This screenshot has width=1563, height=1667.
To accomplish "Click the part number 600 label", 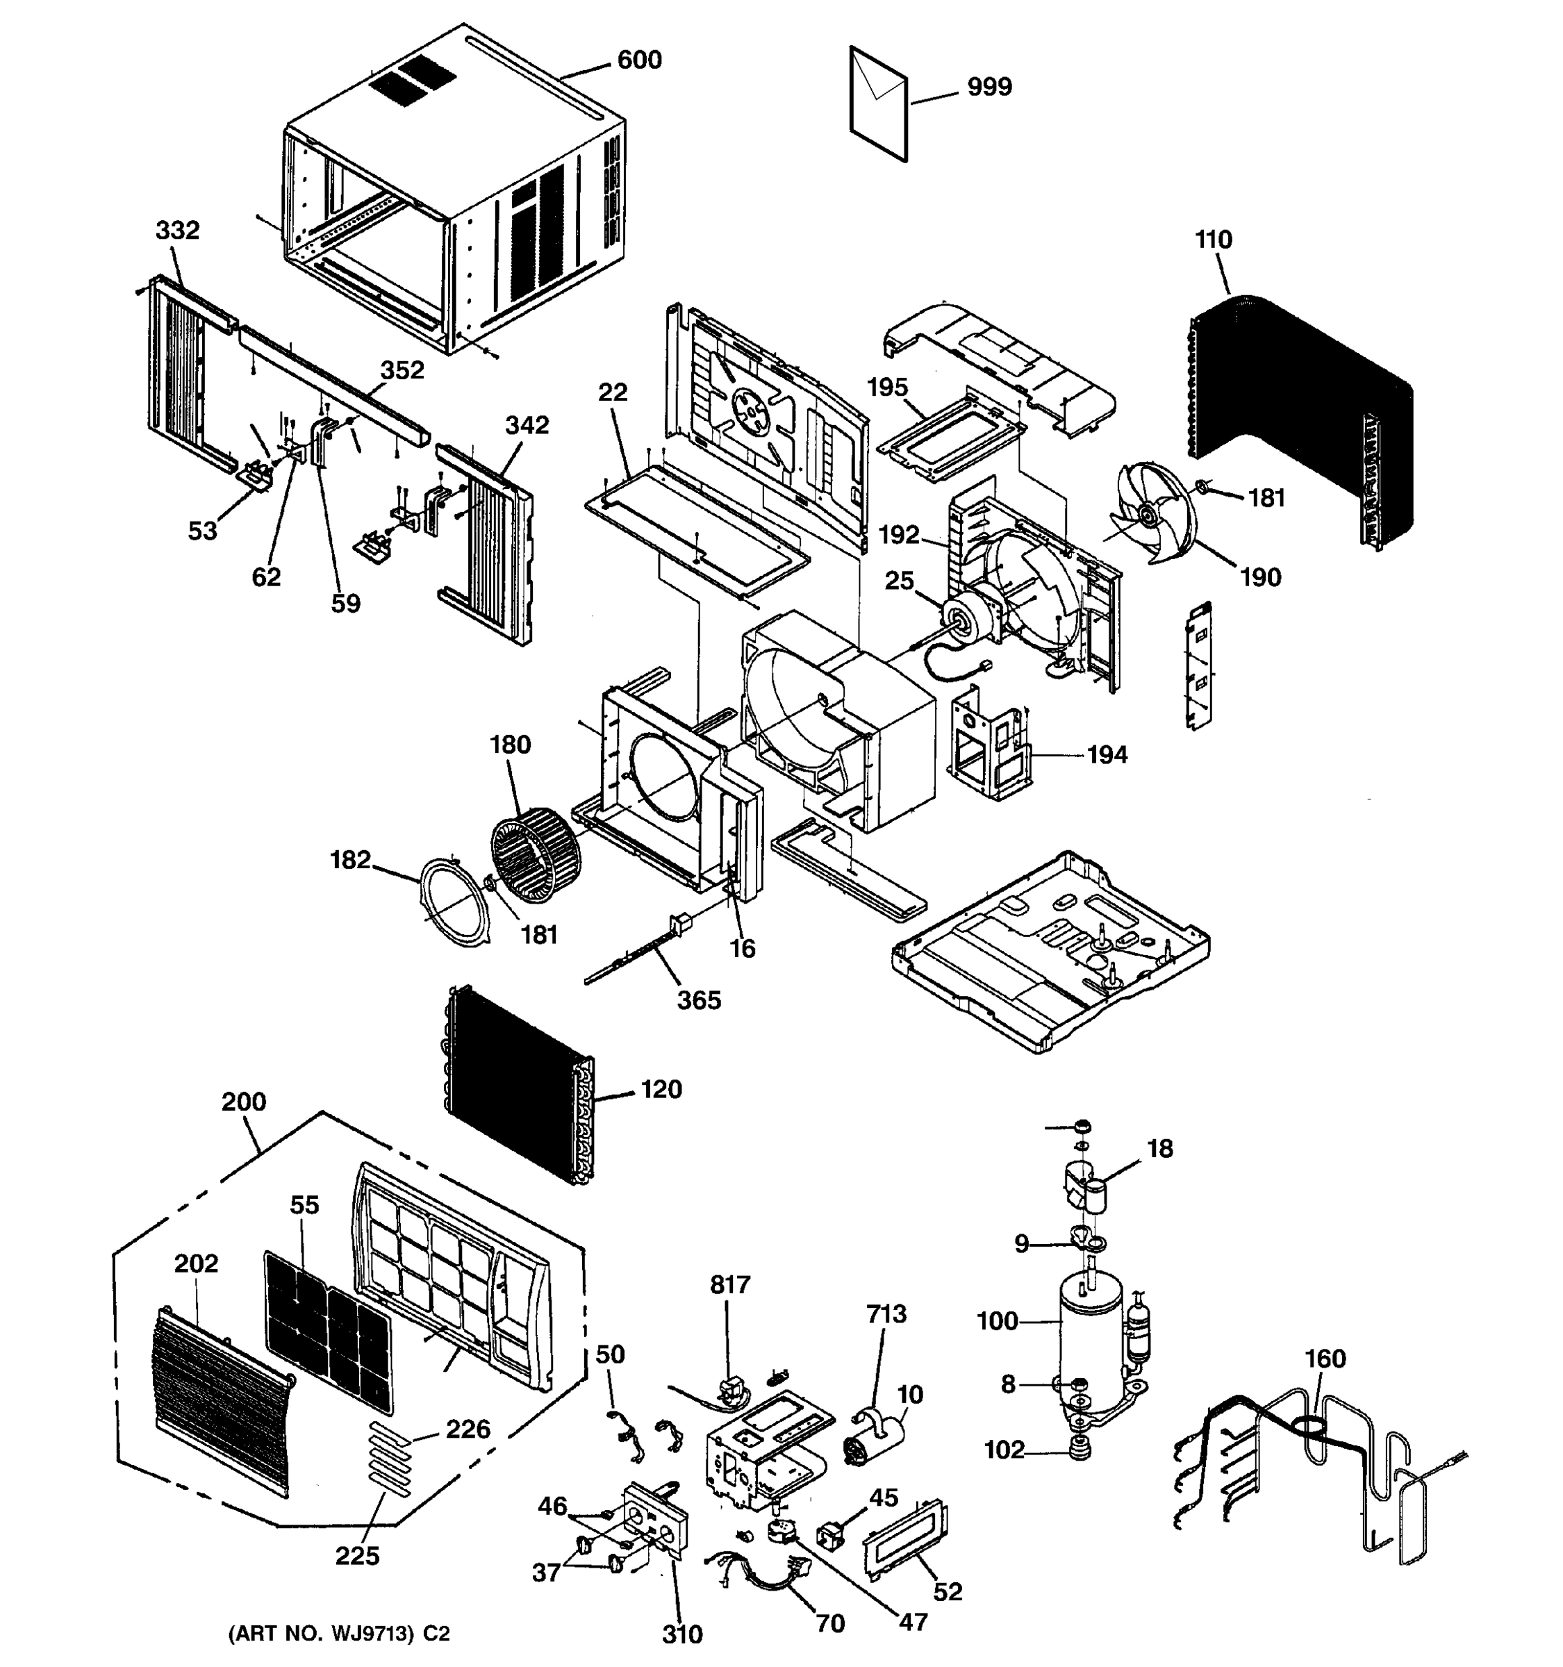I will (x=639, y=60).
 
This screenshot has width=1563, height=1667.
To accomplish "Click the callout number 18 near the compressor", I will (x=1159, y=1149).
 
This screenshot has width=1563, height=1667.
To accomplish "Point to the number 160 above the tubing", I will (x=1325, y=1359).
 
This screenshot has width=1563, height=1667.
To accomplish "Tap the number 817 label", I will (x=729, y=1284).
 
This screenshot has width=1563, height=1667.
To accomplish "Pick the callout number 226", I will (x=467, y=1429).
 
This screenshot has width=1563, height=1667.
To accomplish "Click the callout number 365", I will (x=698, y=1000).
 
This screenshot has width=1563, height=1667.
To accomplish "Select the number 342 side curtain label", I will (x=527, y=425).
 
